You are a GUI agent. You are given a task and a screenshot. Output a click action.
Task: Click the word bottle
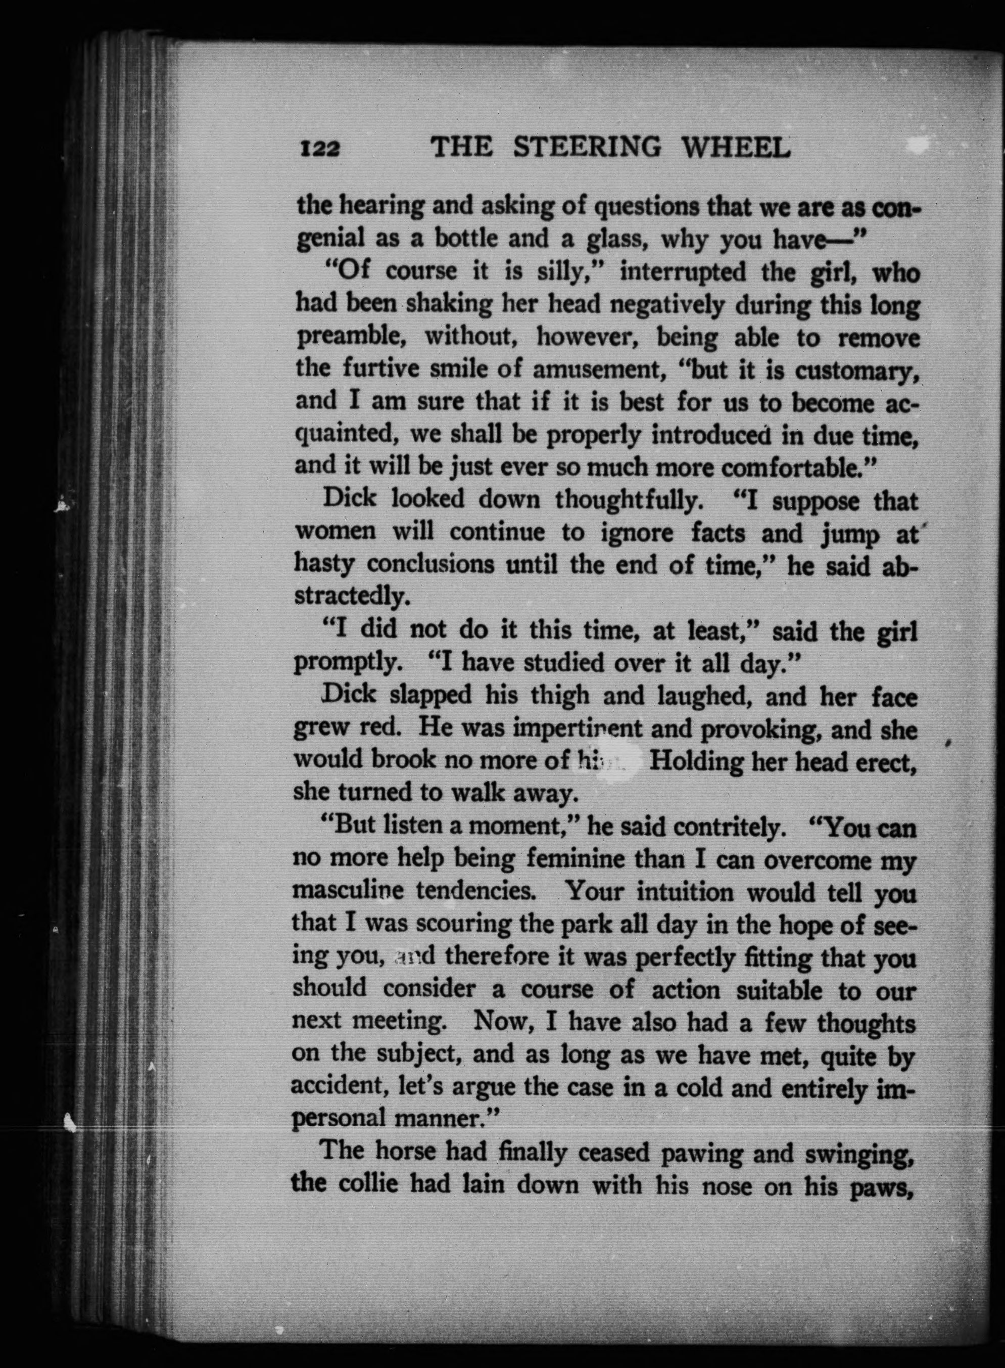click(468, 239)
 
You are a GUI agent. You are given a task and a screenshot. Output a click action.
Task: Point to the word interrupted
click(683, 272)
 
